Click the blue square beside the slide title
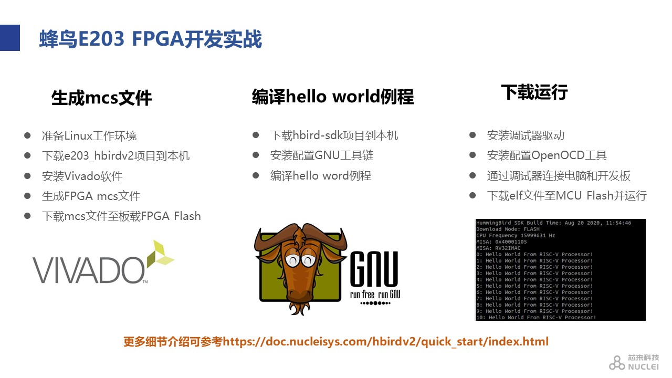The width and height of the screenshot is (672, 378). (10, 38)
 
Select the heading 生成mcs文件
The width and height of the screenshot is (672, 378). (101, 98)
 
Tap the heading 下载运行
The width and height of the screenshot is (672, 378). (534, 92)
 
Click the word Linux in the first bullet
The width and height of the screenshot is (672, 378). (78, 136)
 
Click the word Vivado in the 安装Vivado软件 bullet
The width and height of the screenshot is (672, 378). (82, 176)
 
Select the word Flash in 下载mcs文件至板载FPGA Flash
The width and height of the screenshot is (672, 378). (187, 216)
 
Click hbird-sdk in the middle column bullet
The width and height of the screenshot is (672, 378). (318, 135)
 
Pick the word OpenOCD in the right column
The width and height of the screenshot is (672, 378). (558, 155)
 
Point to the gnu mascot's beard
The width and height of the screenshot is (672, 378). (299, 308)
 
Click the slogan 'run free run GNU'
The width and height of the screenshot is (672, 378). (375, 295)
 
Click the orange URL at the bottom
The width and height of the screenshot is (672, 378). (386, 341)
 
